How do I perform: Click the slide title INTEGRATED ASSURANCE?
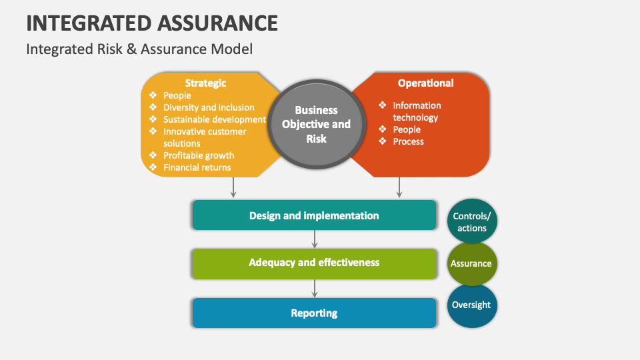pyautogui.click(x=152, y=23)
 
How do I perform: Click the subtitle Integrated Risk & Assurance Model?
pyautogui.click(x=139, y=49)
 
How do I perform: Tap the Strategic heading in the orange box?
pyautogui.click(x=205, y=83)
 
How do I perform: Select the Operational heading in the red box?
pyautogui.click(x=426, y=83)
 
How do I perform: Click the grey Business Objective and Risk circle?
pyautogui.click(x=316, y=124)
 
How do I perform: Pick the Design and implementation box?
pyautogui.click(x=314, y=215)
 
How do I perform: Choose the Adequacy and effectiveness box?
pyautogui.click(x=314, y=264)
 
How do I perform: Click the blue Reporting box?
pyautogui.click(x=314, y=313)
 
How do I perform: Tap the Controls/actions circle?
pyautogui.click(x=472, y=221)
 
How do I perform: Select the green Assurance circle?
pyautogui.click(x=472, y=264)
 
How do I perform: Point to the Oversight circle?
pyautogui.click(x=472, y=306)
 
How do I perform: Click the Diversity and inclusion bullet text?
pyautogui.click(x=209, y=107)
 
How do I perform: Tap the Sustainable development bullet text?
pyautogui.click(x=215, y=119)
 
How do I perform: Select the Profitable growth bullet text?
pyautogui.click(x=199, y=155)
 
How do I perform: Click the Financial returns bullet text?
pyautogui.click(x=197, y=167)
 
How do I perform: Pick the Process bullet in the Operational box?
pyautogui.click(x=408, y=141)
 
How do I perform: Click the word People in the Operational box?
pyautogui.click(x=407, y=129)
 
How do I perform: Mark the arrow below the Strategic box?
pyautogui.click(x=233, y=187)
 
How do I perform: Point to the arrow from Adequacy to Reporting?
pyautogui.click(x=314, y=289)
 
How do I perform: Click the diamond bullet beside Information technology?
pyautogui.click(x=383, y=105)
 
